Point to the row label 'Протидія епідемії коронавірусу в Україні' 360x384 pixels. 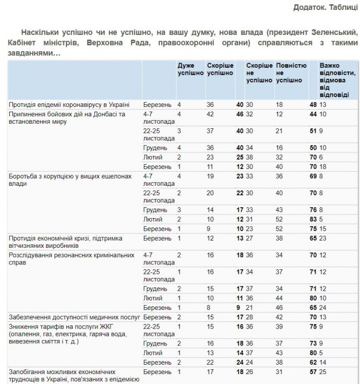point(69,104)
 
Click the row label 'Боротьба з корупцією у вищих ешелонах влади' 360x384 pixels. point(70,179)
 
